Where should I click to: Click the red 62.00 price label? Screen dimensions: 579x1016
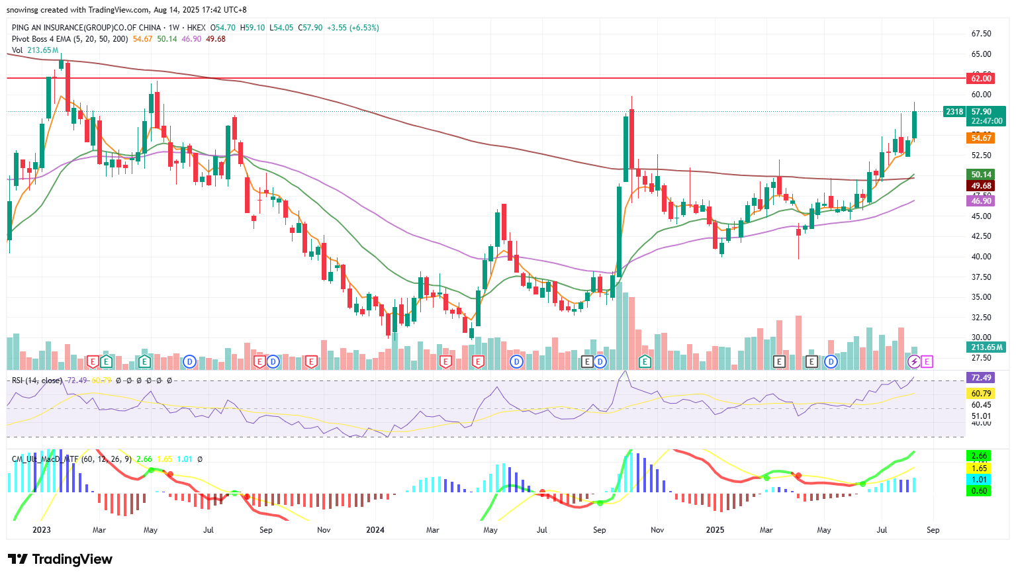980,78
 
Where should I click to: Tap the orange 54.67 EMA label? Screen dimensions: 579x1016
980,138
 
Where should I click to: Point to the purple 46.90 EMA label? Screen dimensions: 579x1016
980,200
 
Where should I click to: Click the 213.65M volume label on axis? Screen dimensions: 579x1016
986,347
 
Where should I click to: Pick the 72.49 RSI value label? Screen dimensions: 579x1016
980,378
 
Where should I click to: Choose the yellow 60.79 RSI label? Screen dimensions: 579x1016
980,393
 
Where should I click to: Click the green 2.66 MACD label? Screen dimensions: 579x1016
979,456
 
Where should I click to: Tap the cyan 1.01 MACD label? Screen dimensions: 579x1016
979,480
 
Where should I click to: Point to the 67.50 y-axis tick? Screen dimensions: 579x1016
981,34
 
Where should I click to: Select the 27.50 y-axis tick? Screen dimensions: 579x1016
981,358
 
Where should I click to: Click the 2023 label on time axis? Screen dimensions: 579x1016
41,530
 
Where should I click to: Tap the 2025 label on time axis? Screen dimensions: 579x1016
715,530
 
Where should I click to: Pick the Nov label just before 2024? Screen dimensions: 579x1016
324,530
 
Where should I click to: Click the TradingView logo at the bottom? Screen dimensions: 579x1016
60,559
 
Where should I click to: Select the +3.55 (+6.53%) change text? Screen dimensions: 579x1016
353,28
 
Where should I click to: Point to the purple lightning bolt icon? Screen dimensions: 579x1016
914,361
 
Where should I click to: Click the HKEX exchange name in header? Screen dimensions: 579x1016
197,28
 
